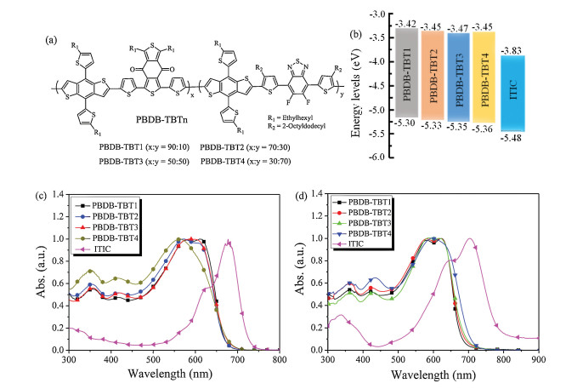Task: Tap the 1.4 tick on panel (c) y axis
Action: pos(58,195)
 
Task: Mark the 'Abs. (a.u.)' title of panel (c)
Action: pos(38,272)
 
